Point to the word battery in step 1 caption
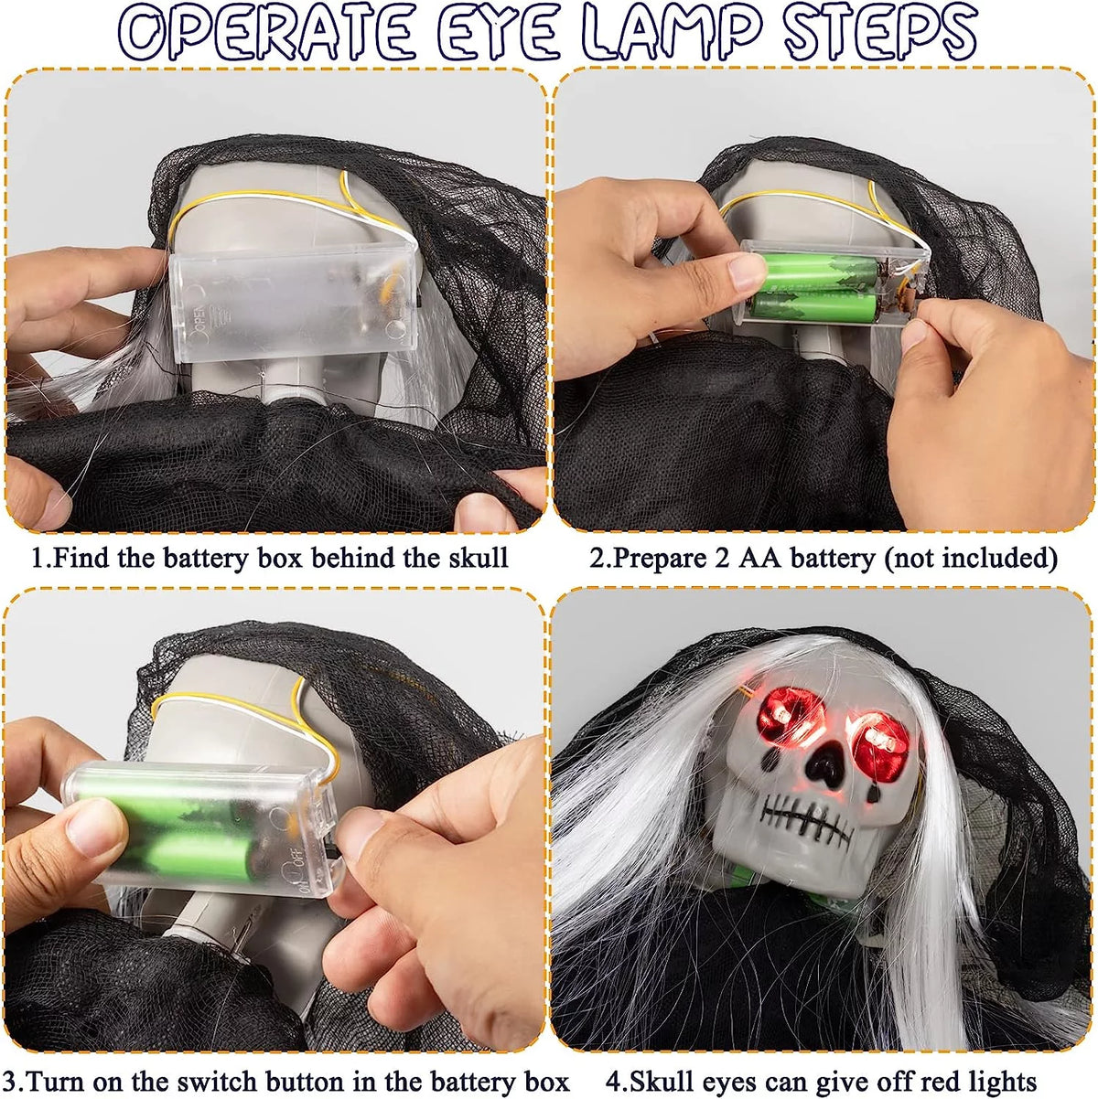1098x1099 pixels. [x=204, y=559]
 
